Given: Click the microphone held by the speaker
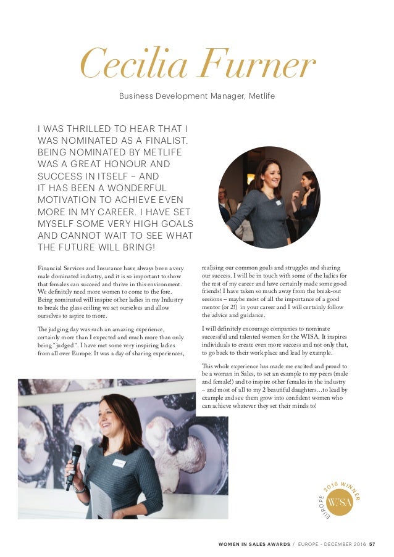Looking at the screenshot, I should tap(73, 460).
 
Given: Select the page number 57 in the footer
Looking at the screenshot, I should tap(372, 544).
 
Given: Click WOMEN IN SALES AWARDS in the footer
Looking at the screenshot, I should tap(253, 544).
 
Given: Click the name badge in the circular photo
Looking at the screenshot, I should tap(278, 202).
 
